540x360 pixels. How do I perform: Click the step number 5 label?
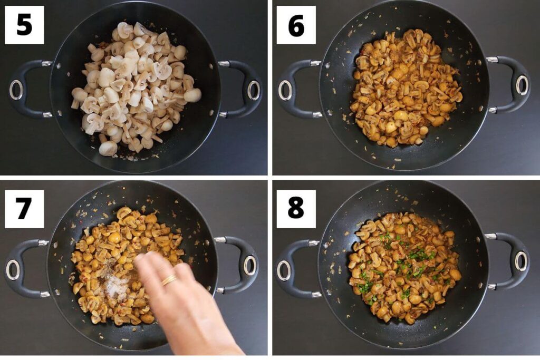click(24, 25)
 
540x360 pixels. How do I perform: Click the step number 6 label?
click(296, 25)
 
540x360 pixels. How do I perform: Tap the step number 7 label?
click(24, 209)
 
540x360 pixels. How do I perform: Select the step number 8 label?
click(296, 209)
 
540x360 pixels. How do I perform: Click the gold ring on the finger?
click(169, 280)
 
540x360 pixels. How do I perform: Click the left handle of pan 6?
click(293, 89)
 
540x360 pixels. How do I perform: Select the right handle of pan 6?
click(514, 84)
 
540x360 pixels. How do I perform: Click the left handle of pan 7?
click(21, 268)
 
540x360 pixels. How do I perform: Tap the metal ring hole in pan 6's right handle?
click(522, 85)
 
